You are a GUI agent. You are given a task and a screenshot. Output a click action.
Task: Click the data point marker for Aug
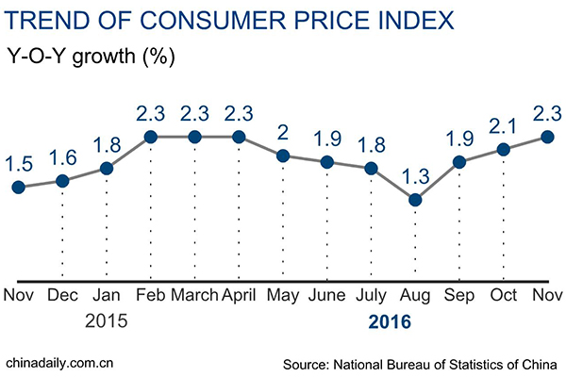[415, 199]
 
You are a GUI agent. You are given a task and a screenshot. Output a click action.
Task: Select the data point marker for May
[283, 155]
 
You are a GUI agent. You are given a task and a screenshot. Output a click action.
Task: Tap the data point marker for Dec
[62, 181]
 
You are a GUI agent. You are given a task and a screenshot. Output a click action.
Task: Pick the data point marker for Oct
[504, 149]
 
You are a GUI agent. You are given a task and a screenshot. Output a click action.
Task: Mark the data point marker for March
[194, 137]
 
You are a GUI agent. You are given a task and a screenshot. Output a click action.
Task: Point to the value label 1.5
[18, 161]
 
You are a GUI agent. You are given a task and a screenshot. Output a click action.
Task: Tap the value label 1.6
[62, 156]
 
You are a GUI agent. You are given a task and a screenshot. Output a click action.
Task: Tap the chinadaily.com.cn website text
[59, 362]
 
